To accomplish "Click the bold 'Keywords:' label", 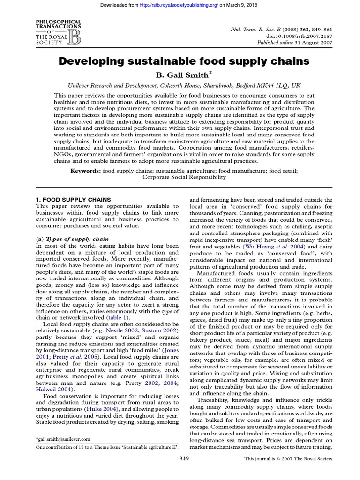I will coord(85,171).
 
